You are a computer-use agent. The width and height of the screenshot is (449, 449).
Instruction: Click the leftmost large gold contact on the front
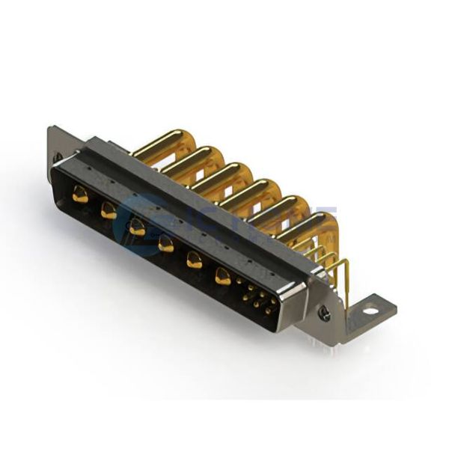[80, 197]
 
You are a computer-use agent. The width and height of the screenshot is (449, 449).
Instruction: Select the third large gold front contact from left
[137, 227]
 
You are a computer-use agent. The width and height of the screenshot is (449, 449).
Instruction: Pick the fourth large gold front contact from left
[166, 243]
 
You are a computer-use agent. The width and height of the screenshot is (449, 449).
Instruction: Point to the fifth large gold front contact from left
[195, 260]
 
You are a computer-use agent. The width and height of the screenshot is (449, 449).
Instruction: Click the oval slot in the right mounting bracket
[370, 311]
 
